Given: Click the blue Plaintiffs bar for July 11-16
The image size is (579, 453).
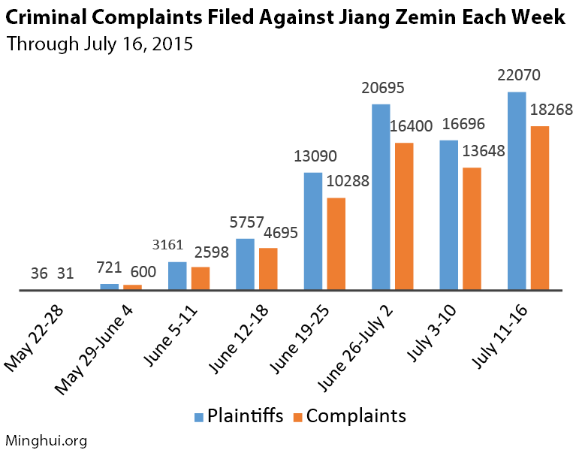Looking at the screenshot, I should coord(517,191).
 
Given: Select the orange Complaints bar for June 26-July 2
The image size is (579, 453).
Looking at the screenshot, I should coord(404,216).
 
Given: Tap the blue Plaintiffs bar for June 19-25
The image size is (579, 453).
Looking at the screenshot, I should coord(313,231).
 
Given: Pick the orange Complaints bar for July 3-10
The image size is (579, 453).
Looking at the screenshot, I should coord(472,228).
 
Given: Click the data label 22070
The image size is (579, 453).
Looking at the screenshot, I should coord(518,76).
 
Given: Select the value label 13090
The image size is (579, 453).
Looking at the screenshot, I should coord(315,157).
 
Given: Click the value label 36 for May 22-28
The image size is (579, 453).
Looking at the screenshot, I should coord(39,274).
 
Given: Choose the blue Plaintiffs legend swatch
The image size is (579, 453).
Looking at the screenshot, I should coord(199,417).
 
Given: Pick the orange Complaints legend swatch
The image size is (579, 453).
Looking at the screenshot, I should coord(299,417).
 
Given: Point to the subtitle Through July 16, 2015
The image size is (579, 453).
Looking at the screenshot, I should coord(99,44).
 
